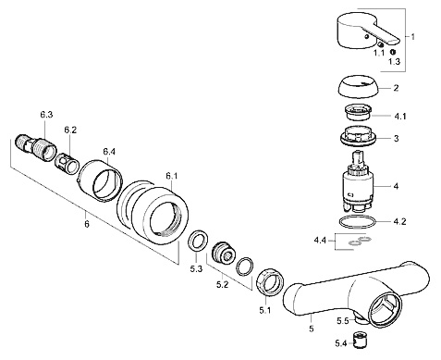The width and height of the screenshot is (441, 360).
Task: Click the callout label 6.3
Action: (x=46, y=115)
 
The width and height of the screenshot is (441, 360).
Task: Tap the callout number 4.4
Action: (x=320, y=240)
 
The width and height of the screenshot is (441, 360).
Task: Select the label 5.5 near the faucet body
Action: (x=342, y=321)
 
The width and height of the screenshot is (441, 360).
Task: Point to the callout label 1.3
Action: (x=394, y=61)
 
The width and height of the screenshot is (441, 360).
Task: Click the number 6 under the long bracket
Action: (x=87, y=224)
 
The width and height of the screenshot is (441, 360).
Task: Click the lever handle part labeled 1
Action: (x=363, y=31)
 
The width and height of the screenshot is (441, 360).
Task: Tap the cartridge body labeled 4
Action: (x=358, y=182)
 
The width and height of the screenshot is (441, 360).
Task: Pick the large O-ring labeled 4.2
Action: (x=357, y=222)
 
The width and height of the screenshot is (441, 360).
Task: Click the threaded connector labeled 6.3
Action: (x=36, y=146)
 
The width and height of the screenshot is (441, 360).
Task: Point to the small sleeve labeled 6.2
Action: (x=67, y=164)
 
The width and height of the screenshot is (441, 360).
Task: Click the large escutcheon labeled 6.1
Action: (x=154, y=214)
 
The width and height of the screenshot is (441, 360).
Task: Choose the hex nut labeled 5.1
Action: (x=270, y=282)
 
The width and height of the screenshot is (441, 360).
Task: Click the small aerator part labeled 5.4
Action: (x=359, y=340)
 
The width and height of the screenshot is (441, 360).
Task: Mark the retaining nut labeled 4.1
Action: (x=357, y=112)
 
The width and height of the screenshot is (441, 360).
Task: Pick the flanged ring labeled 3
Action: (x=358, y=136)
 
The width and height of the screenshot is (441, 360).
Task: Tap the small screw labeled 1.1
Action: (x=382, y=45)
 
